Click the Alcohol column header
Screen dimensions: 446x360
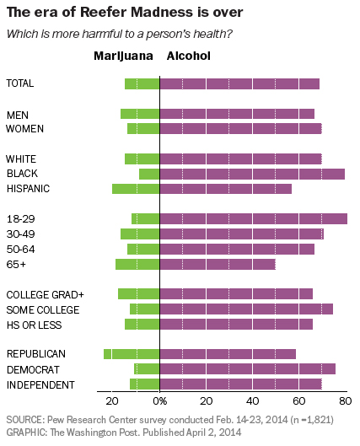189,56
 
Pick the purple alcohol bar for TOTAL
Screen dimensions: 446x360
239,83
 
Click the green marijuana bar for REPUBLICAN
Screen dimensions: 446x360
132,354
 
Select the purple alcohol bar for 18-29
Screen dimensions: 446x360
253,219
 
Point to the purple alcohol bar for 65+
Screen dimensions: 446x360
218,265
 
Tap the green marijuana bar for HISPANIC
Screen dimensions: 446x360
136,189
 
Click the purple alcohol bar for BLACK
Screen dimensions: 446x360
252,174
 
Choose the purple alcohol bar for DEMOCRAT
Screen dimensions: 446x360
247,369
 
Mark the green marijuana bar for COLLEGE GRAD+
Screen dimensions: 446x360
138,294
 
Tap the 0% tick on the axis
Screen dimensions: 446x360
160,402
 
